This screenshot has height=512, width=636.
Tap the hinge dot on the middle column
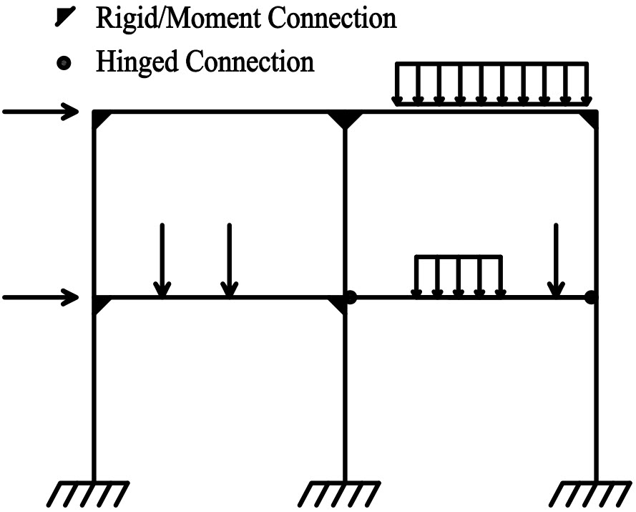[x=351, y=296]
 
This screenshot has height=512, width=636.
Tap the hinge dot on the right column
[x=590, y=296]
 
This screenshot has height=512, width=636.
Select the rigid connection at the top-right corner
[x=589, y=119]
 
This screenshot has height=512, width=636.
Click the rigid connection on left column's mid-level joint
[x=101, y=304]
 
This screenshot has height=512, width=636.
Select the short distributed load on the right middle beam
[x=459, y=275]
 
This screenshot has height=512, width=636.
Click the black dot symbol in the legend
[x=65, y=63]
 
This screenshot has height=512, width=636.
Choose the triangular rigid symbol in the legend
[x=65, y=18]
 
